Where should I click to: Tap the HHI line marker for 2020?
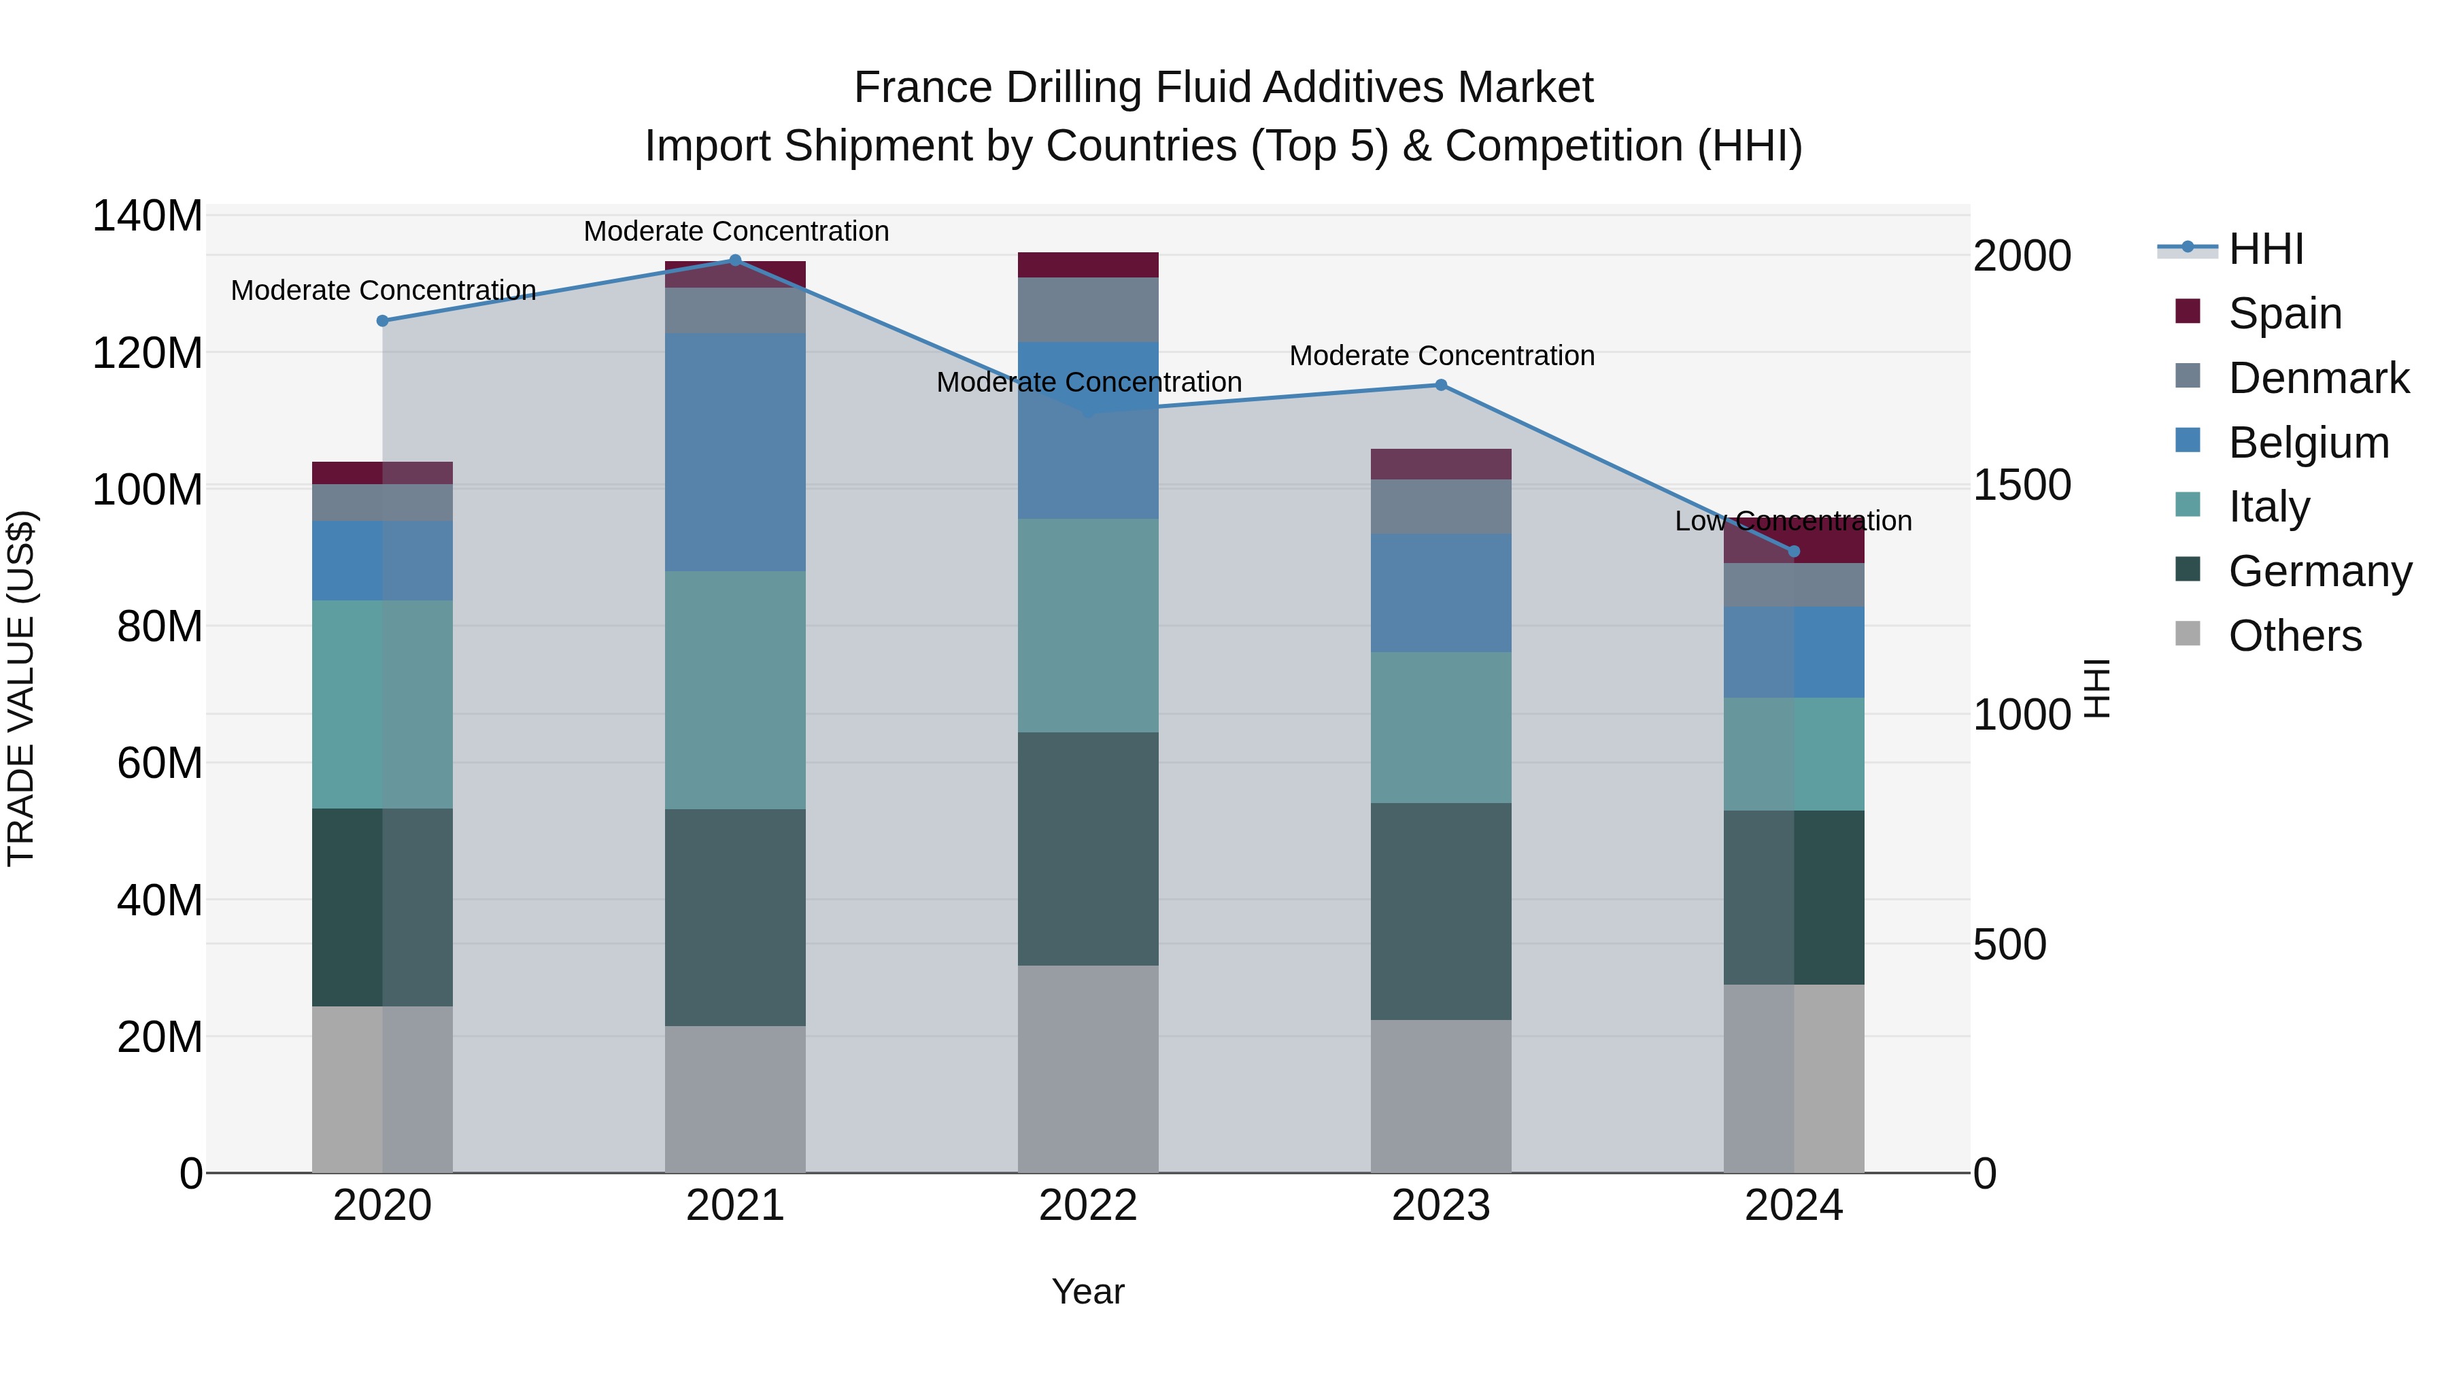point(382,320)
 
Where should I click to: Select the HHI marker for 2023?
point(1441,385)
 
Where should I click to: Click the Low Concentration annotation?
point(1793,521)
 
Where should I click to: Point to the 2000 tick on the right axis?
point(2022,256)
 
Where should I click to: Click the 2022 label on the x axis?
point(1088,1206)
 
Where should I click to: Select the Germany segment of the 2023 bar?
point(1441,911)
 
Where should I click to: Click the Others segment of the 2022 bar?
point(1088,1068)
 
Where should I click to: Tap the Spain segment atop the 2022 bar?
point(1088,265)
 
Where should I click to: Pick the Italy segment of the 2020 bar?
point(382,704)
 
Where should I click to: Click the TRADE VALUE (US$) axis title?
point(21,688)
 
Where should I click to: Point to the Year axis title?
point(1088,1291)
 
